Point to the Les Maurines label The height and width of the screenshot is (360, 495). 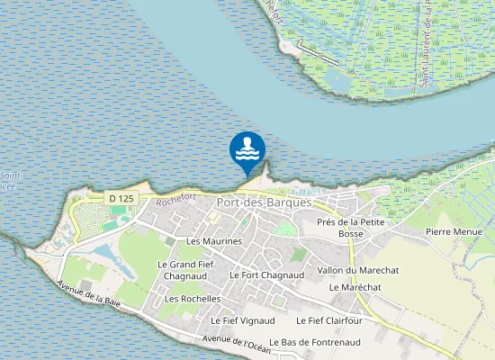(214, 241)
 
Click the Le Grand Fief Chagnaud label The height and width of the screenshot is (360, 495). (187, 270)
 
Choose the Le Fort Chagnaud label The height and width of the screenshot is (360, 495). (267, 274)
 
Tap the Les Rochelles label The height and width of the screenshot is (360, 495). (193, 298)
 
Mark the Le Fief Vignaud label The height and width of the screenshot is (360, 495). (242, 319)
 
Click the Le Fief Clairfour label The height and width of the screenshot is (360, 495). (329, 319)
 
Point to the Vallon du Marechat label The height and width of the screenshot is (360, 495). (358, 270)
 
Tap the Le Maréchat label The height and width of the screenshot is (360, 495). (351, 287)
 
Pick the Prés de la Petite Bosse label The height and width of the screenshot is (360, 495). (351, 228)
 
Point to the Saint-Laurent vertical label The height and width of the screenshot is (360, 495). (442, 45)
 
